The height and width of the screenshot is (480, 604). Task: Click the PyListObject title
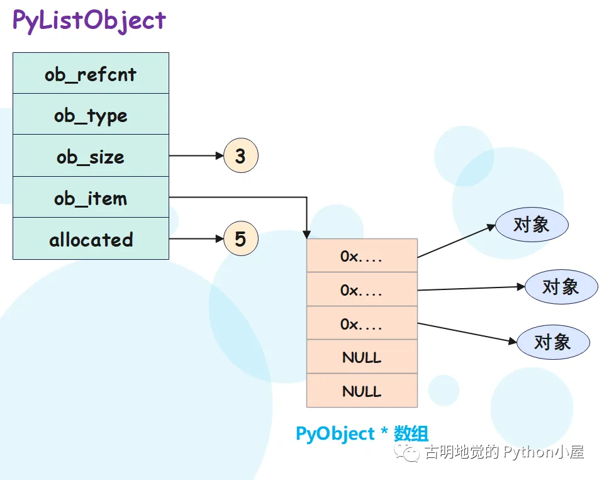pos(89,21)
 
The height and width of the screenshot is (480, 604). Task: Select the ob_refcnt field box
pos(91,74)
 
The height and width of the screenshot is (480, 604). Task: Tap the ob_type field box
pos(91,114)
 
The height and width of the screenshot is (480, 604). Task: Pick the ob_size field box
pos(91,156)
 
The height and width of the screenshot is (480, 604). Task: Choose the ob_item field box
pos(91,198)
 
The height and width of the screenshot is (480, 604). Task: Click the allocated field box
pos(91,239)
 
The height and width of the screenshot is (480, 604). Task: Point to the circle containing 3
pos(240,155)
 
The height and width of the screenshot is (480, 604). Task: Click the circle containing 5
pos(240,239)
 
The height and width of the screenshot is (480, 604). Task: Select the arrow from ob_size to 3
pos(196,155)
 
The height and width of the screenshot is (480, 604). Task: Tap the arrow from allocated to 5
pos(196,239)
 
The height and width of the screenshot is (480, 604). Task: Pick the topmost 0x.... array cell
pos(362,256)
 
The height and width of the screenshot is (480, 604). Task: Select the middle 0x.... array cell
pos(362,290)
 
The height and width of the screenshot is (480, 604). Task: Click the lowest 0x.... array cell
pos(362,323)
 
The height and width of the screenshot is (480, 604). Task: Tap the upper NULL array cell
pos(362,357)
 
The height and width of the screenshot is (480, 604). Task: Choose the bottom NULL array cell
pos(362,391)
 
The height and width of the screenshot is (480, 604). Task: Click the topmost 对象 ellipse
pos(532,225)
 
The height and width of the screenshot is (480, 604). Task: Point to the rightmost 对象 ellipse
pos(561,286)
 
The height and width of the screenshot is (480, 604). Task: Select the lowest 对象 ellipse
pos(552,342)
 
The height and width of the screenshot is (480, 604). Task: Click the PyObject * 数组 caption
pos(362,433)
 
